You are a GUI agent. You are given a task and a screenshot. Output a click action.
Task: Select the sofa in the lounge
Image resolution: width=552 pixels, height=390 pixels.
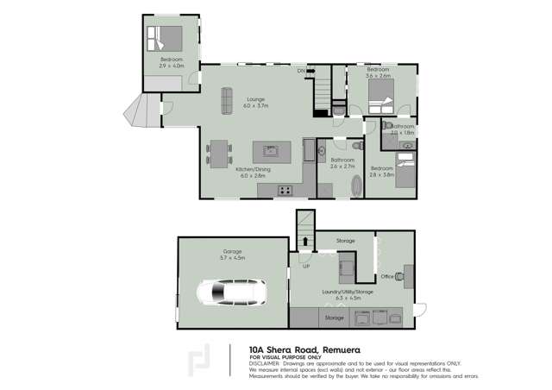(x=228, y=101)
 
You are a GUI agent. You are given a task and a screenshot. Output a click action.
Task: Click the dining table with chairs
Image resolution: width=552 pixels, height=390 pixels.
(x=219, y=154)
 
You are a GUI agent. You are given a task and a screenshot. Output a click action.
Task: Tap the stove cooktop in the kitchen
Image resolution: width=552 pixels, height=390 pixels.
(x=285, y=189)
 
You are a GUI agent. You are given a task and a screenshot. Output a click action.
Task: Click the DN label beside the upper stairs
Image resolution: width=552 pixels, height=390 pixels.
(x=302, y=70)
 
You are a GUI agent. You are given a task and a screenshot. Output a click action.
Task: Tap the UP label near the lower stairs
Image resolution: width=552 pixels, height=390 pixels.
(x=305, y=266)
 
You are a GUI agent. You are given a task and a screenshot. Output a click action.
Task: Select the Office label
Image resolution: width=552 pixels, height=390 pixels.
(x=387, y=276)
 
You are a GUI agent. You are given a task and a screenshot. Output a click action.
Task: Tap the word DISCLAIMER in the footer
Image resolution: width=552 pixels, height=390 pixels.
(x=263, y=363)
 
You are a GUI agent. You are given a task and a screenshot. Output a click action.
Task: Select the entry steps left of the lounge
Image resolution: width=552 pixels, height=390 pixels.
(x=142, y=110)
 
